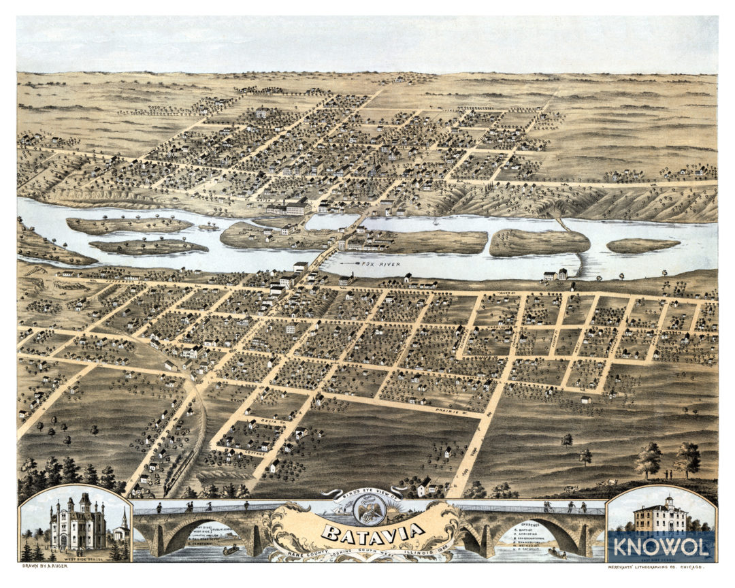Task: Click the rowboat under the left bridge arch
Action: (231, 549)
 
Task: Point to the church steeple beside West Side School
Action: (122, 523)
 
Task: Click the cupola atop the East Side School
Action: (670, 500)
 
